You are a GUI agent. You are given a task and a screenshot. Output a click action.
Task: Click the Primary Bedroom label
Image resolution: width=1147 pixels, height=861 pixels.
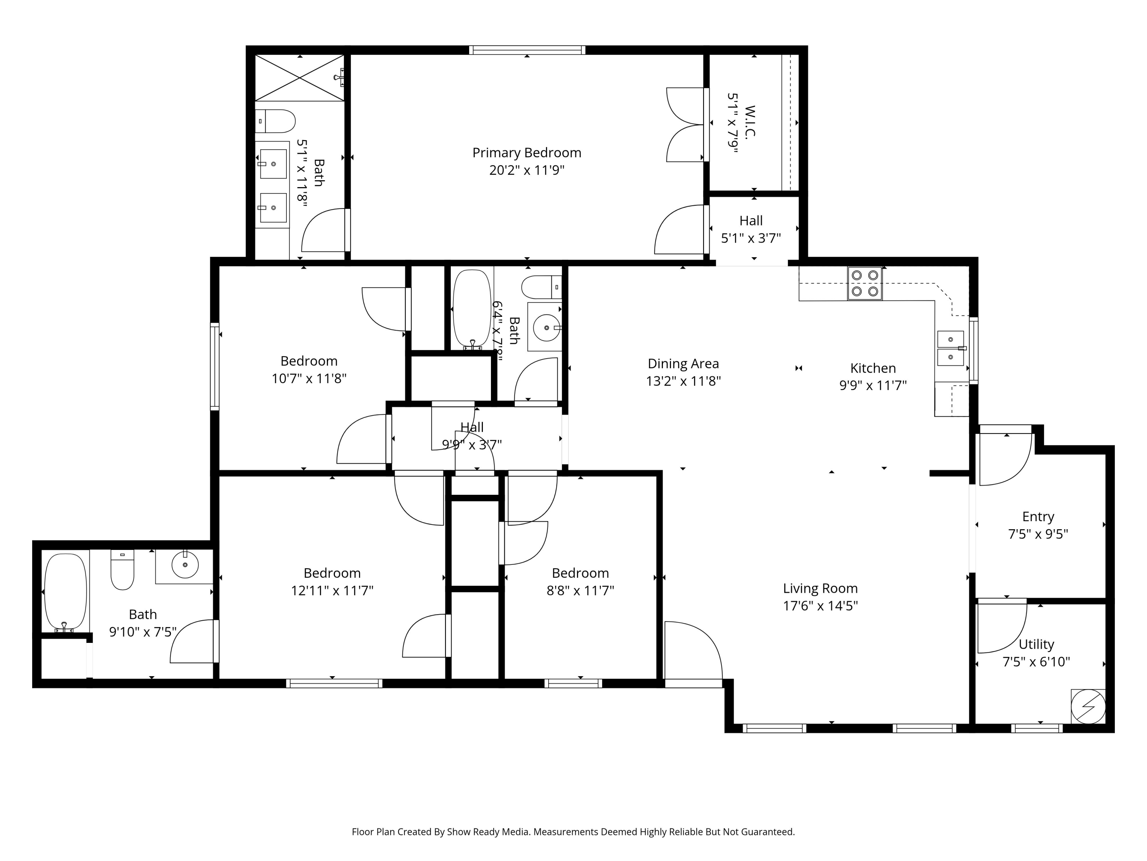(526, 153)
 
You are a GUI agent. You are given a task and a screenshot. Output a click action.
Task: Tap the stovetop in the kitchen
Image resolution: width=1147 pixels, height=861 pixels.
(864, 284)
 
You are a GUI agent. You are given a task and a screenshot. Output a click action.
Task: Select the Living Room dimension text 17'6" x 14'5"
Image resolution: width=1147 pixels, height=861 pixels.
(820, 606)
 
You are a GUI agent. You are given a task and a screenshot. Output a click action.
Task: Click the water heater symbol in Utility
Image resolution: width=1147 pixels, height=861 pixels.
(1088, 706)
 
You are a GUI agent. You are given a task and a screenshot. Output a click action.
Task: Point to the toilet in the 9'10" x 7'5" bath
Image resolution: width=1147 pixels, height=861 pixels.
(122, 569)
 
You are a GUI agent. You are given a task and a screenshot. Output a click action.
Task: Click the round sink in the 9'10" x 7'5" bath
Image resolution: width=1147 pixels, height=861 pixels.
(185, 565)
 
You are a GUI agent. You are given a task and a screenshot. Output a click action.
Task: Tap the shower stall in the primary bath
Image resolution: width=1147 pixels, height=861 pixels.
(300, 78)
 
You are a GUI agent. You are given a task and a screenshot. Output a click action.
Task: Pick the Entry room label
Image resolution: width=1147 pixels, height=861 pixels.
(1038, 517)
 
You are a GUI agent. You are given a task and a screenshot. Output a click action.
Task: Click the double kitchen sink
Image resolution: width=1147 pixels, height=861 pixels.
(950, 348)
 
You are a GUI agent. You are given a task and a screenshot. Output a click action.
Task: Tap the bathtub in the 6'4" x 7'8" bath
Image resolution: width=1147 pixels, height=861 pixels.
(472, 309)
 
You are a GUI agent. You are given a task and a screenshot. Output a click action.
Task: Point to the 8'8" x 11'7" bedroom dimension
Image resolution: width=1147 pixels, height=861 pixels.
(580, 590)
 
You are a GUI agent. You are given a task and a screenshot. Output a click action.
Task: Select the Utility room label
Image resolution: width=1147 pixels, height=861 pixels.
(1036, 644)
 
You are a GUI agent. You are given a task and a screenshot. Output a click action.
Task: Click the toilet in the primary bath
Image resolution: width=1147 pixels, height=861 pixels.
(275, 121)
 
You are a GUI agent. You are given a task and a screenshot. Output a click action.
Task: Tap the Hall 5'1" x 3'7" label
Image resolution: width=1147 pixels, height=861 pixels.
(751, 229)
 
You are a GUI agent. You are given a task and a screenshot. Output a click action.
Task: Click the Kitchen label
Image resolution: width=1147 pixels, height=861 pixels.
(873, 368)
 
